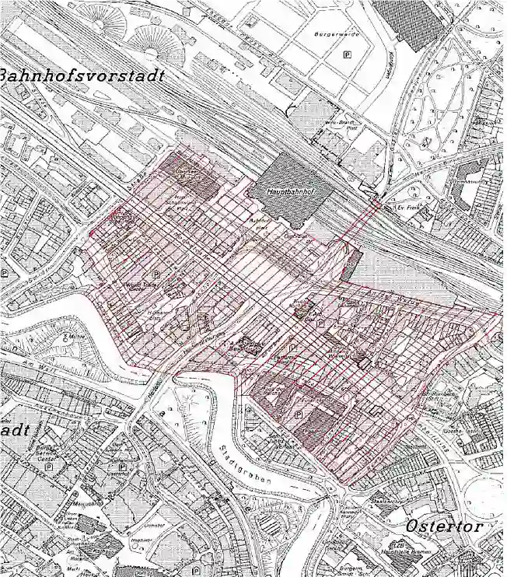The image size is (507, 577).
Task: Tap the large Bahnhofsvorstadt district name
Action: coord(82,76)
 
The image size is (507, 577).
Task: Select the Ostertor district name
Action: coord(443,526)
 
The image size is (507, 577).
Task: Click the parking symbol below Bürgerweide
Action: coord(347,54)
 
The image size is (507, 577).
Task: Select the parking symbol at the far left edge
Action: coord(6,274)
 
